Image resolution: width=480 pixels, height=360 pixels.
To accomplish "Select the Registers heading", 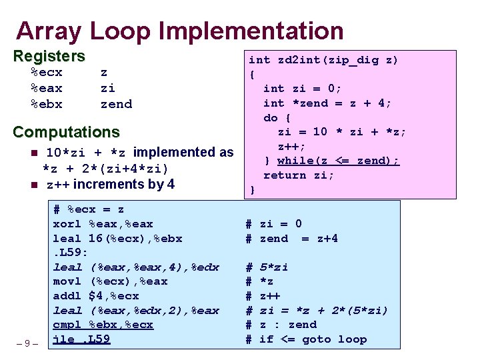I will point(49,56).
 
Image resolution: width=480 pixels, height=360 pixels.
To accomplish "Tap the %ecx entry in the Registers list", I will point(47,72).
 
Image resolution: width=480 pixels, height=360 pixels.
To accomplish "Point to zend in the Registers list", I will point(116,104).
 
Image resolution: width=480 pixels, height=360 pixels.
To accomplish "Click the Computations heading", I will point(66,132).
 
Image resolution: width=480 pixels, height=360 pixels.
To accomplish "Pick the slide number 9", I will point(27,343).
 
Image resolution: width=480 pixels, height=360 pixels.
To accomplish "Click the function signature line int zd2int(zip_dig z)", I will point(323,60).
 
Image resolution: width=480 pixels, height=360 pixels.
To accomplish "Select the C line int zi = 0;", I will point(302,89).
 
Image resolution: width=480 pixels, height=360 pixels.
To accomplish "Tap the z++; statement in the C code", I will point(291,146).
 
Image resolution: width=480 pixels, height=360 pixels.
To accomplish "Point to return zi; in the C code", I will point(299,175).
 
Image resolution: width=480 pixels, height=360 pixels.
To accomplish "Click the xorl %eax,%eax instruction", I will point(103,224).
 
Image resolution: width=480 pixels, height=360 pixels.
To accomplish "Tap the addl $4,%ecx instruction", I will point(96,295).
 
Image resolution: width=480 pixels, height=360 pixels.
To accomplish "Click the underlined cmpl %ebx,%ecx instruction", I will point(103,325).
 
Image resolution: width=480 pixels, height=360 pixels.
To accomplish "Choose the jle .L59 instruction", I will point(81,339).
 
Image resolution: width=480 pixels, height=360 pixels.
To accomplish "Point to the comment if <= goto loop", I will point(313,339).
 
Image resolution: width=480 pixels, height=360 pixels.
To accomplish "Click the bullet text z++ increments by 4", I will point(110,184).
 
